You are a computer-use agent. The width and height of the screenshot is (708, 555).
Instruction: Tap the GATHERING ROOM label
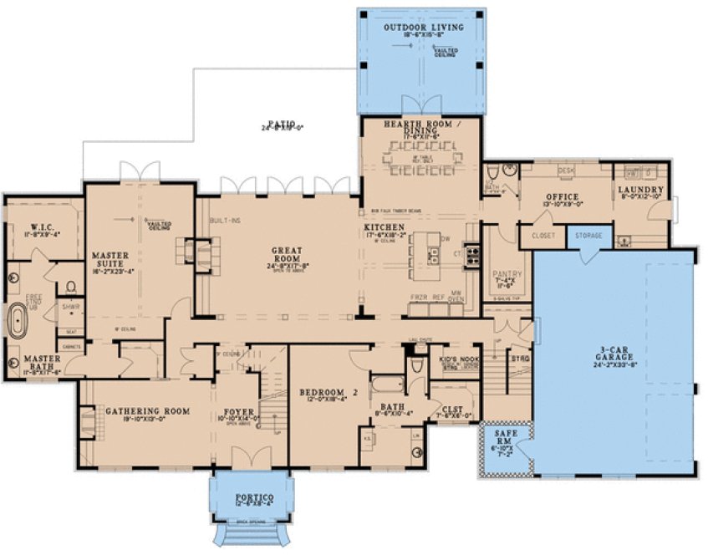pos(147,411)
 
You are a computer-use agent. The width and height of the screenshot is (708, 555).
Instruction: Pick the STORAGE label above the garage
pos(588,237)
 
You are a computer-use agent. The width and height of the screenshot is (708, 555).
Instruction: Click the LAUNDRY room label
pos(642,190)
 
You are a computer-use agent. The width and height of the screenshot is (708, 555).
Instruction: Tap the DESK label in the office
pos(566,171)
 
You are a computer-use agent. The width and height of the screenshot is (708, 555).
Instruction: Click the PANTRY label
pos(507,273)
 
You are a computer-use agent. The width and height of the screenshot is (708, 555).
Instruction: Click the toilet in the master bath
pos(71,287)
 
